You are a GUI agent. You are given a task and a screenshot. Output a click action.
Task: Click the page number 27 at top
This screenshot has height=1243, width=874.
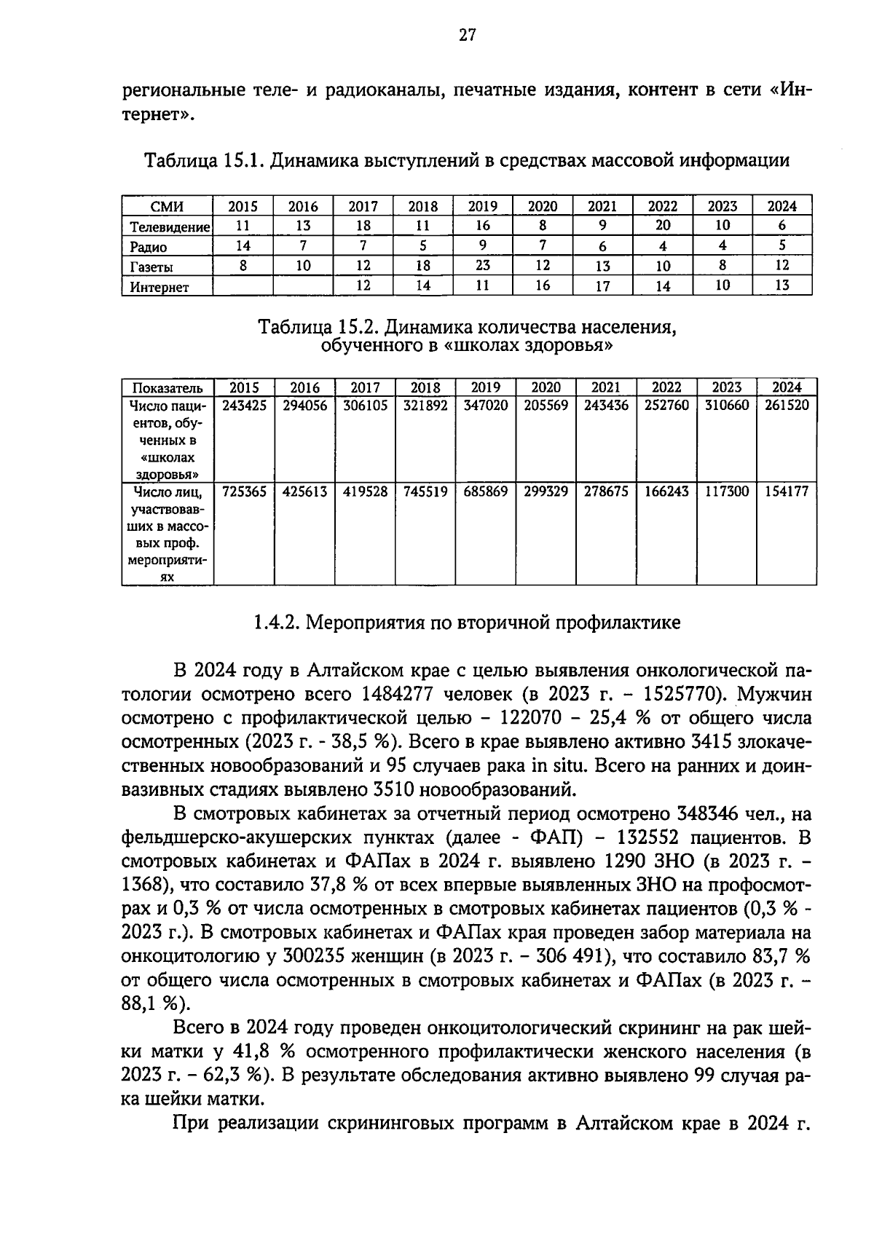point(467,34)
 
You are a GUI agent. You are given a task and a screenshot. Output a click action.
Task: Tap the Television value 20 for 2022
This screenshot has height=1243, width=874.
point(663,226)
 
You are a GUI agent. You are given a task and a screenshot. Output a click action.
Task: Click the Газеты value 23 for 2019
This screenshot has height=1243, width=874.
point(482,266)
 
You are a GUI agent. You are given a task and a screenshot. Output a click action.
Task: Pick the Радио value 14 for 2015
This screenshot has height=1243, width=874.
point(243,246)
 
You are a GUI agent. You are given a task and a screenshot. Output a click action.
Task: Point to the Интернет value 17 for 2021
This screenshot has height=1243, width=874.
point(602,286)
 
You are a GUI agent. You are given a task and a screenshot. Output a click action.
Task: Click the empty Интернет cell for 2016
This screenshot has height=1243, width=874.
point(303,286)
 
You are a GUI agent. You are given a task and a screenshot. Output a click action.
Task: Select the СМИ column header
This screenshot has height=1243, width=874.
point(167,207)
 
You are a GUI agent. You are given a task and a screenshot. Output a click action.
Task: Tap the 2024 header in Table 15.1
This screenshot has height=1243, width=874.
point(782,206)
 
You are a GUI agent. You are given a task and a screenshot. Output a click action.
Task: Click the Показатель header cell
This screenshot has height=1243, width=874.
point(167,388)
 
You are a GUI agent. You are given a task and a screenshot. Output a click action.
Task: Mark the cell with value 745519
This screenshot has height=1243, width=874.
point(425,492)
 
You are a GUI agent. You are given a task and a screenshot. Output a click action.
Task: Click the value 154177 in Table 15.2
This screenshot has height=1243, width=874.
point(787,492)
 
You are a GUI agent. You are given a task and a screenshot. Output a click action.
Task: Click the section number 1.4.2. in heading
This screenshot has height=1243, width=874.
point(277,623)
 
